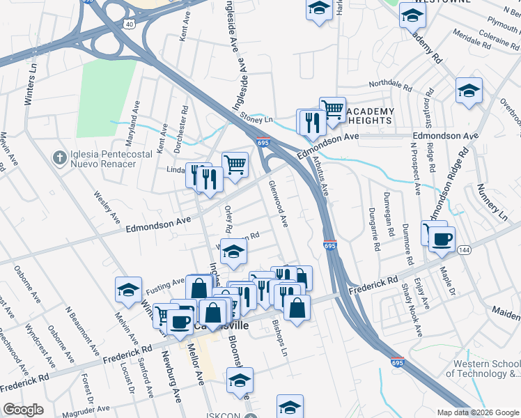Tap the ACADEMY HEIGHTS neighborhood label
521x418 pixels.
[x=370, y=116]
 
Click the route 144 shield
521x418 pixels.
[x=465, y=249]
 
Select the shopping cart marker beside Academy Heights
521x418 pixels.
[x=333, y=108]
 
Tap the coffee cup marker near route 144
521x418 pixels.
[x=442, y=239]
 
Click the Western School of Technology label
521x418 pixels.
[x=485, y=369]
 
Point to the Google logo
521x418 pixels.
[x=23, y=409]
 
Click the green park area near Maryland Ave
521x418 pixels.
[x=107, y=98]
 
